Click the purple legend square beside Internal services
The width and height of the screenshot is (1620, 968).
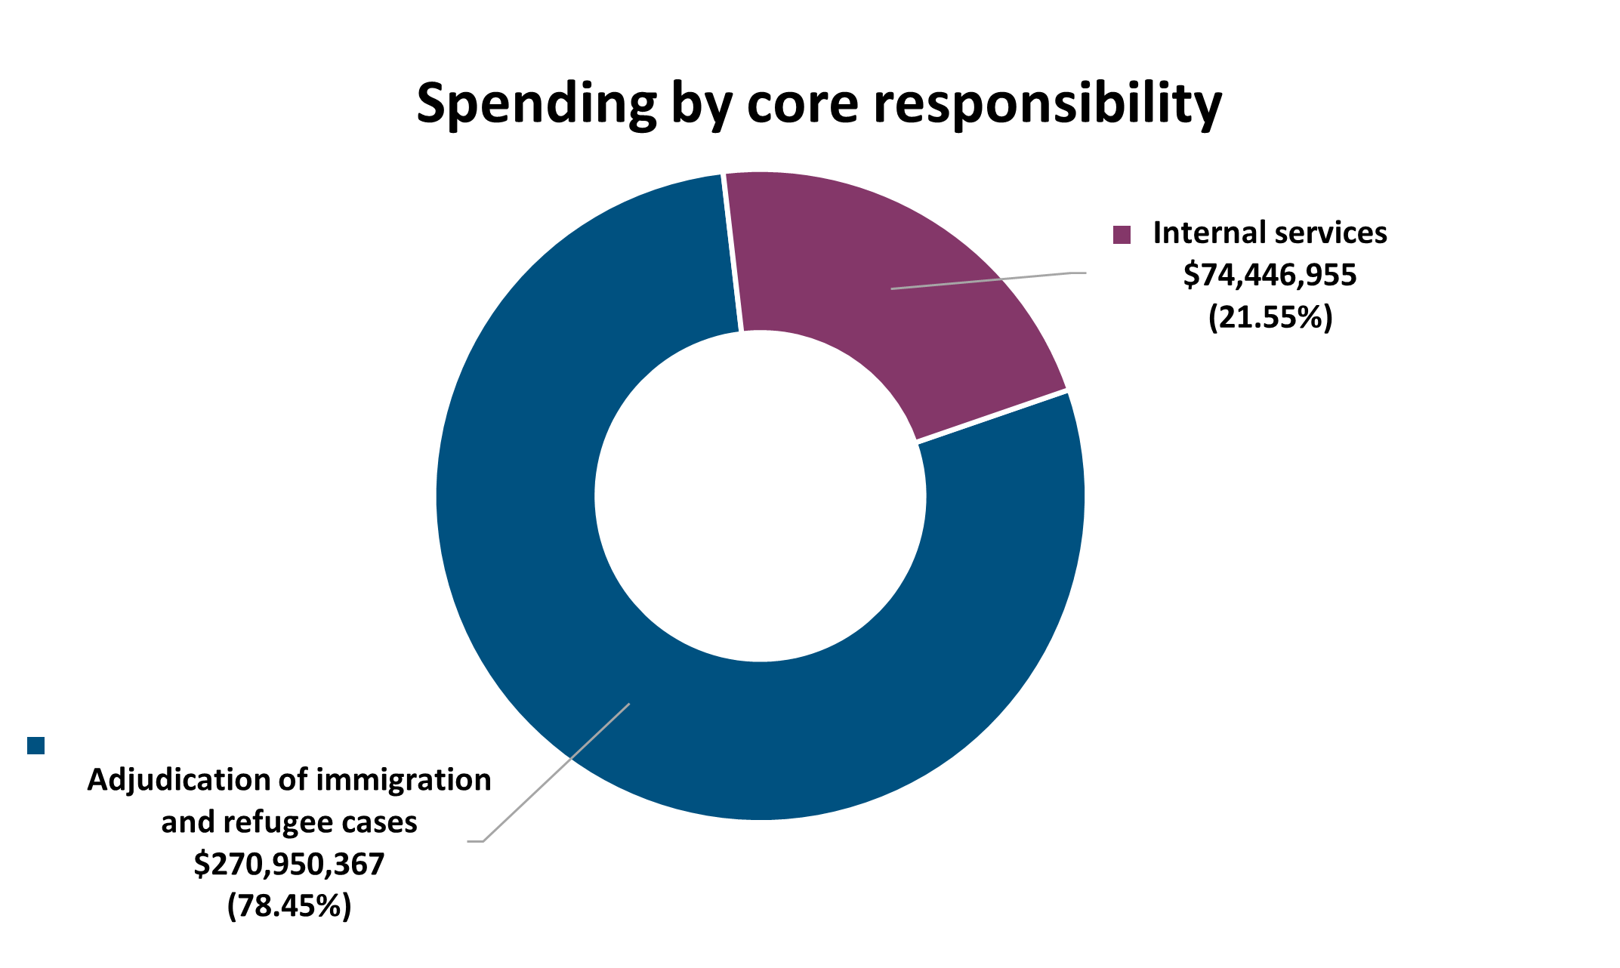coord(1122,235)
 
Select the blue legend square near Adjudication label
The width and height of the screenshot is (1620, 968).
coord(35,745)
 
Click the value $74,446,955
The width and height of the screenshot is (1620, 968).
coord(1270,275)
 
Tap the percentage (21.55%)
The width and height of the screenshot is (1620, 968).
coord(1270,317)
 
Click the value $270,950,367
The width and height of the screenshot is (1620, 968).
coord(289,864)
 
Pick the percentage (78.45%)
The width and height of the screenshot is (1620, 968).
coord(289,905)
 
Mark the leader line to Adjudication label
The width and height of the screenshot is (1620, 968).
coord(559,770)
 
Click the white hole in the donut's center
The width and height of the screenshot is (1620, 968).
coord(761,495)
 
